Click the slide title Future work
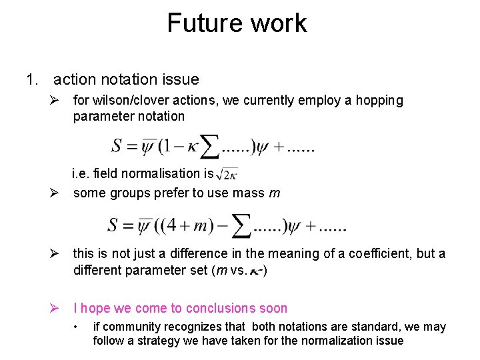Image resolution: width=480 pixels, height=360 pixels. click(x=237, y=23)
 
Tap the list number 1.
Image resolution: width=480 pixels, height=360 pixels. click(x=31, y=80)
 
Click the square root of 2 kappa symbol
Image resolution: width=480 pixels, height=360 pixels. click(x=227, y=173)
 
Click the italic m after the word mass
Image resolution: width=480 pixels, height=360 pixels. click(x=273, y=193)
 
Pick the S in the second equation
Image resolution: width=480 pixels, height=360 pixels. click(x=114, y=225)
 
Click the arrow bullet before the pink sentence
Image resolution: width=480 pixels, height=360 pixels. click(x=57, y=308)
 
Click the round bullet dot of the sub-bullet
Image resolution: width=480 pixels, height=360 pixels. click(x=78, y=327)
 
